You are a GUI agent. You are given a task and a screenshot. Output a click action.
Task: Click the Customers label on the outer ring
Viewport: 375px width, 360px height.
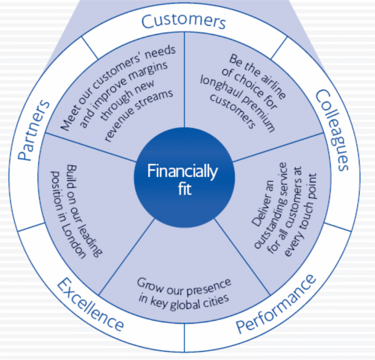[x=184, y=22]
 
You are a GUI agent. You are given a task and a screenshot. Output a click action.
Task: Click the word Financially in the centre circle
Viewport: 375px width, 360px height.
[x=182, y=171]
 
